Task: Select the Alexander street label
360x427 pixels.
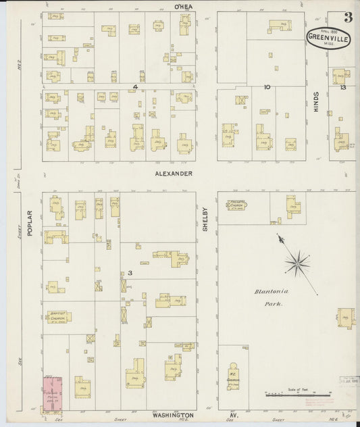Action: click(173, 174)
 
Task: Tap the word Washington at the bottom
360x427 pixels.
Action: click(173, 415)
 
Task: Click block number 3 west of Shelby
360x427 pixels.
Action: click(128, 273)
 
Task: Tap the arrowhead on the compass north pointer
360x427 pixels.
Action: click(279, 237)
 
